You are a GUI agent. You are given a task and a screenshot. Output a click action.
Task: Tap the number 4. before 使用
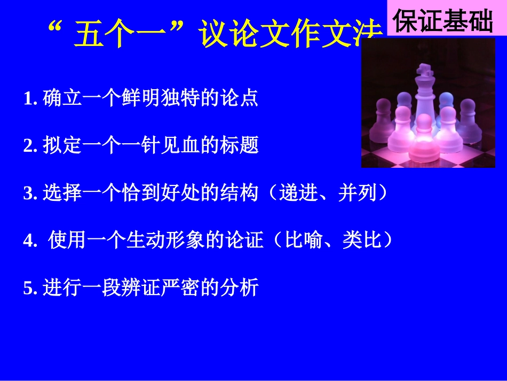(30, 241)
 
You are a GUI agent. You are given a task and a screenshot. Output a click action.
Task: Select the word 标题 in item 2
(243, 145)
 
